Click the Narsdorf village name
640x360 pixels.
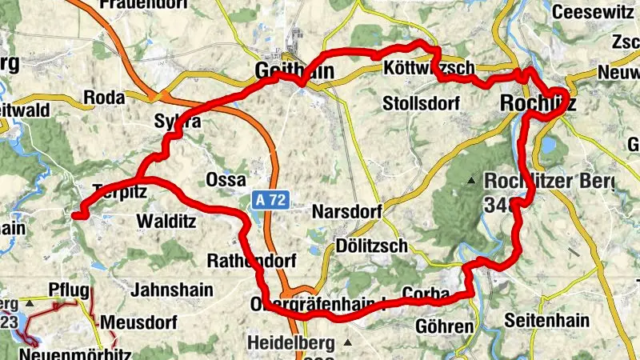click(346, 211)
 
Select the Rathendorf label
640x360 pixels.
click(252, 261)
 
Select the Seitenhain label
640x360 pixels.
click(546, 321)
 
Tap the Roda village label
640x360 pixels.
click(105, 98)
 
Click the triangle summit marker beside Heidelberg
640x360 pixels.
click(348, 343)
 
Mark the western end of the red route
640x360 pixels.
click(75, 214)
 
